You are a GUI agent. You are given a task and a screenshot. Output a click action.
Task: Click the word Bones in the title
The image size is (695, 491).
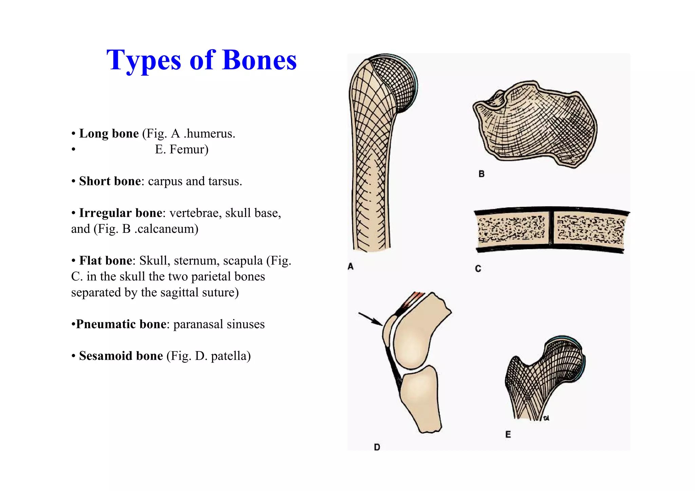click(x=259, y=60)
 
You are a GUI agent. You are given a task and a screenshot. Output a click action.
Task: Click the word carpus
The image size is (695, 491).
click(x=165, y=182)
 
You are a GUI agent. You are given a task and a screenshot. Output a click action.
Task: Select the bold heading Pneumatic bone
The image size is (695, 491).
click(x=121, y=324)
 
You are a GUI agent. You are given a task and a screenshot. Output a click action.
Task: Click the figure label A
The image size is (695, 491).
click(x=351, y=267)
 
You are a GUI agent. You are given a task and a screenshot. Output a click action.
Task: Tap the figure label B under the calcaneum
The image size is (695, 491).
click(x=481, y=174)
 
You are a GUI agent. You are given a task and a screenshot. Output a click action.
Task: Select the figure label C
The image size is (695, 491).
click(x=478, y=269)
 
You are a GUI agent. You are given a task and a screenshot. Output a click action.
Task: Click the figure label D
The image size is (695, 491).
click(x=377, y=447)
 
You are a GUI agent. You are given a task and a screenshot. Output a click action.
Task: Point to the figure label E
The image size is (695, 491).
click(x=508, y=434)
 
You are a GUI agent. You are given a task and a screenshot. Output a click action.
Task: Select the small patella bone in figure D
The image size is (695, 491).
click(x=388, y=331)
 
